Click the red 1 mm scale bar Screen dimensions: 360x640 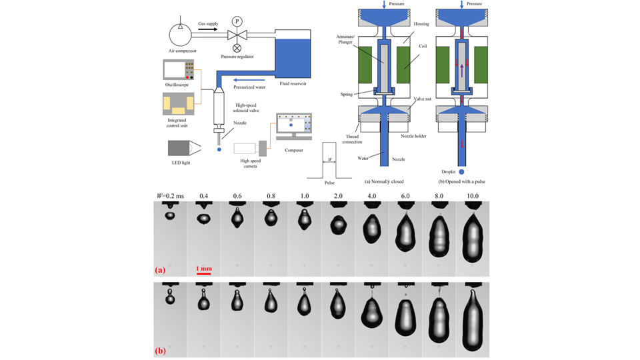(203, 273)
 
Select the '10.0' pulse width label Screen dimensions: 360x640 (472, 195)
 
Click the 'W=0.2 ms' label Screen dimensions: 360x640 (171, 195)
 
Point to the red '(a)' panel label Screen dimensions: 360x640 (161, 270)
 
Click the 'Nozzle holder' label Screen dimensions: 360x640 (414, 136)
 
